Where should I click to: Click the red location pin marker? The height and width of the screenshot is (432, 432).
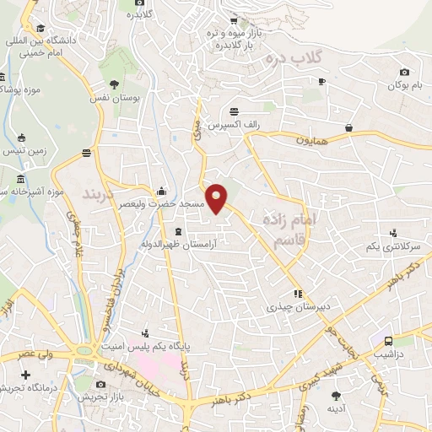tap(218, 197)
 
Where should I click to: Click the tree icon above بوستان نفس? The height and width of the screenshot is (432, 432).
tap(115, 84)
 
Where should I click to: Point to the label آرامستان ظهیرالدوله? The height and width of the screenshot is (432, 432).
tap(180, 245)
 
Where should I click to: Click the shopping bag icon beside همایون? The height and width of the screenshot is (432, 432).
tap(348, 128)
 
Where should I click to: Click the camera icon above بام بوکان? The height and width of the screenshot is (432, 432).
tap(404, 72)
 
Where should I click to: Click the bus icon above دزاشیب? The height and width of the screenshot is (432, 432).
tap(387, 342)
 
